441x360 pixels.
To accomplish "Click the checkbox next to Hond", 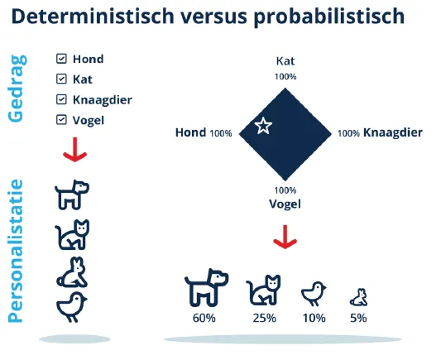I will [61, 59].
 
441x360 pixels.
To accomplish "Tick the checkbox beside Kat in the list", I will [61, 79].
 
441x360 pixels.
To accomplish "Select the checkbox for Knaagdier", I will [61, 100].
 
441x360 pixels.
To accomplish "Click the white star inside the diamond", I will [263, 126].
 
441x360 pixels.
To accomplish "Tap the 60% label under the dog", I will [204, 317].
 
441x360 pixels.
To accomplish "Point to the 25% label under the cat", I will [264, 317].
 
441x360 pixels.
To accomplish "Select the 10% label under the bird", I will [314, 317].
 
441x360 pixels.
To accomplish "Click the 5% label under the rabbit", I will [358, 317].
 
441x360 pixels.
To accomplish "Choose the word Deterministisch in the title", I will [103, 17].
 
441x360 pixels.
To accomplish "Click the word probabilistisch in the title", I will [319, 17].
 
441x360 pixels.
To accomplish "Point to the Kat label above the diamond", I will [285, 60].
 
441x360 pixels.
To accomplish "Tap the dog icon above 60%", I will [205, 287].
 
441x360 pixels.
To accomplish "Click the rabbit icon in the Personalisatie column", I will [72, 271].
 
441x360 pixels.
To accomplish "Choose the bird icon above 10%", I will [314, 292].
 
